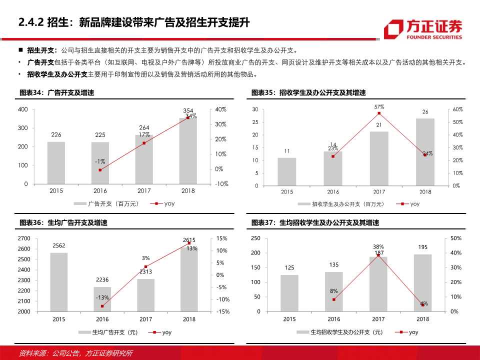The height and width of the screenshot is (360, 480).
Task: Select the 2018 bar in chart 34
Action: [x=188, y=150]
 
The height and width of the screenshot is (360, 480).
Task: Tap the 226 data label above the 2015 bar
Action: [x=56, y=134]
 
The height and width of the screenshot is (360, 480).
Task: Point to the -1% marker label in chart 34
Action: [x=99, y=161]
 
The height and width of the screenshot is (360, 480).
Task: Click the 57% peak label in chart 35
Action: [x=379, y=107]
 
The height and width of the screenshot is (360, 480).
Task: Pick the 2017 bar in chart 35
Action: [x=379, y=158]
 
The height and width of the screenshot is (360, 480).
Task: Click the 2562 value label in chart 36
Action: [x=58, y=245]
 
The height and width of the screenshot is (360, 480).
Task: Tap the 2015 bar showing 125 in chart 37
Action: [x=289, y=293]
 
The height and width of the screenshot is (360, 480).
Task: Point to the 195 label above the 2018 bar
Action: [x=422, y=247]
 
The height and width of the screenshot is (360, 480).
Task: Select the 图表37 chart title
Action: [x=308, y=222]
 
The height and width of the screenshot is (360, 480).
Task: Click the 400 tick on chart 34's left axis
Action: [x=22, y=109]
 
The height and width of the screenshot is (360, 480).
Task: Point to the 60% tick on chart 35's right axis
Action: [x=457, y=109]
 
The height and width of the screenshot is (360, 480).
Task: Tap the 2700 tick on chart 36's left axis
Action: [x=23, y=238]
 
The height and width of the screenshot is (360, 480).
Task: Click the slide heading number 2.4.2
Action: [x=31, y=22]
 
